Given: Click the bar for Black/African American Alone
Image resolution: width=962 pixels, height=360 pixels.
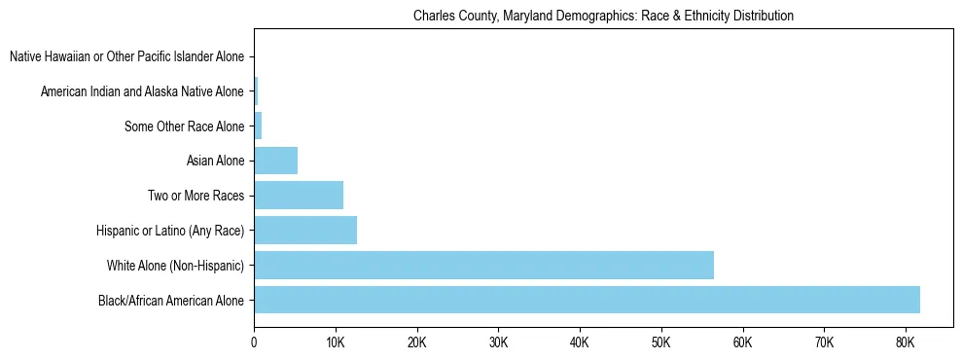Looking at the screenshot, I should (587, 300).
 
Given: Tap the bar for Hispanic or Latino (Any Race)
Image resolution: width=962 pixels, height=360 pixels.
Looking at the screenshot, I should (305, 230).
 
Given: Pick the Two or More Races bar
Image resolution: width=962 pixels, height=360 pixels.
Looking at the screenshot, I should (299, 195).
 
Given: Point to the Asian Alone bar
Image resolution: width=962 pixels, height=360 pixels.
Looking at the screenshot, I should (275, 161).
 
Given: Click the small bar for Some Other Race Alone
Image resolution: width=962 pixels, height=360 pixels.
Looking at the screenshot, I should (258, 126).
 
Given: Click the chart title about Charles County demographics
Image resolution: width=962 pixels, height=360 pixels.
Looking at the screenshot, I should (603, 17).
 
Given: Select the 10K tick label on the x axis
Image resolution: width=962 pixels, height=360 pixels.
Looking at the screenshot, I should (336, 342).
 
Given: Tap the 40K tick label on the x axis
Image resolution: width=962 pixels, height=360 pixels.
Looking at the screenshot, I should (580, 342).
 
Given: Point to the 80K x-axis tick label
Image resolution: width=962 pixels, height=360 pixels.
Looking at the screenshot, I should (906, 342).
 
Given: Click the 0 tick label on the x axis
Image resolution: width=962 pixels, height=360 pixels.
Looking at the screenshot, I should (254, 342).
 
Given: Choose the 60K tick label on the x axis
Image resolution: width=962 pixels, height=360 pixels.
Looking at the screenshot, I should (742, 342).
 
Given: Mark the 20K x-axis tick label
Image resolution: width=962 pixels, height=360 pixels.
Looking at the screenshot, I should (416, 342).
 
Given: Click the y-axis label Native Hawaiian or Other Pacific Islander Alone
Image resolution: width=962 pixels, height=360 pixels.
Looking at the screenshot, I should (126, 56).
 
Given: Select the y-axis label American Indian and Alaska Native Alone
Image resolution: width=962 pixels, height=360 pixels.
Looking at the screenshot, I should (142, 91).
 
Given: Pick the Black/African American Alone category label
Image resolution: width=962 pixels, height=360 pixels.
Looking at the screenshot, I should (171, 300).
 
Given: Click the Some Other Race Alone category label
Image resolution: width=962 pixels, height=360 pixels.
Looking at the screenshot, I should (184, 126).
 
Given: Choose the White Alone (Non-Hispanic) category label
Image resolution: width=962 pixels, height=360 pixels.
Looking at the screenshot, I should (175, 266).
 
